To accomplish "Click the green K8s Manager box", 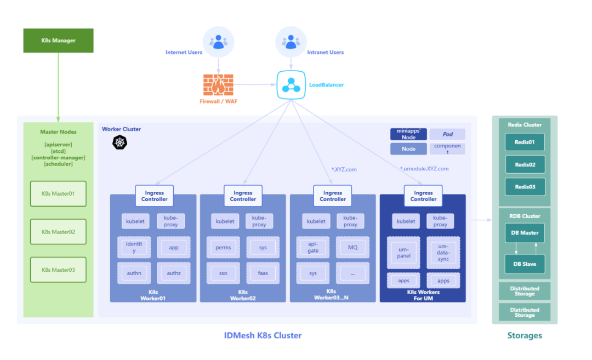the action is (x=58, y=41).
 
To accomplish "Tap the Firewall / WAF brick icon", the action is (x=218, y=85).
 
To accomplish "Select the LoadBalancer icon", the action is (x=291, y=85).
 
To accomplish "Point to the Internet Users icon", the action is (x=219, y=42).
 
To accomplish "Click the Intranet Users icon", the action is (x=291, y=42).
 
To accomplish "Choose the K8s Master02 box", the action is (x=58, y=232).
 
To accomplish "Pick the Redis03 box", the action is (x=525, y=187).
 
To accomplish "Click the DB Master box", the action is (x=525, y=233).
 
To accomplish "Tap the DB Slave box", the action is (x=525, y=264).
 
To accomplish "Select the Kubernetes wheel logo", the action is (x=119, y=142).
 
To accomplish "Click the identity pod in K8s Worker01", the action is (x=134, y=247).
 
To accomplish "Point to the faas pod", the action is (x=263, y=273).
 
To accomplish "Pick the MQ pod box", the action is (x=352, y=247).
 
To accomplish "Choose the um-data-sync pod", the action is (x=443, y=253).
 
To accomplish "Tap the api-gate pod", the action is (x=313, y=247).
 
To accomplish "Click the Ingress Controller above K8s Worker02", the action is (x=243, y=196).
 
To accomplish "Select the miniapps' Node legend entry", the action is (x=408, y=134).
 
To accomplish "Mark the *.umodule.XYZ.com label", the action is (x=424, y=169).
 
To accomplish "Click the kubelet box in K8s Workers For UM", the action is (x=406, y=221).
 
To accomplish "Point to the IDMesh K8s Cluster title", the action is (x=263, y=335).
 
